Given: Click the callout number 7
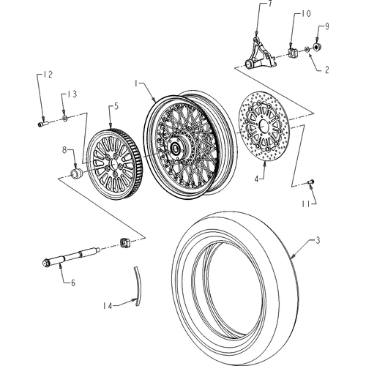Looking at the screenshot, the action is click(270, 4).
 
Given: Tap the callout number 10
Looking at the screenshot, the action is click(305, 14).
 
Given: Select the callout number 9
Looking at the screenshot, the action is click(326, 26).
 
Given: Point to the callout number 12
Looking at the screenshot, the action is click(48, 75).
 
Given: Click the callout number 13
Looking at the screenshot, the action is click(72, 94).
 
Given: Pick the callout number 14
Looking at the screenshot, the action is click(107, 306).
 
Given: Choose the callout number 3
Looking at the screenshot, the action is click(318, 241).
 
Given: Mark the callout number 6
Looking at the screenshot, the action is click(73, 283).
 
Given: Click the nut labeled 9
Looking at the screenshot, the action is click(316, 47).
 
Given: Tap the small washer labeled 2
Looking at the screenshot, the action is click(307, 50).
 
